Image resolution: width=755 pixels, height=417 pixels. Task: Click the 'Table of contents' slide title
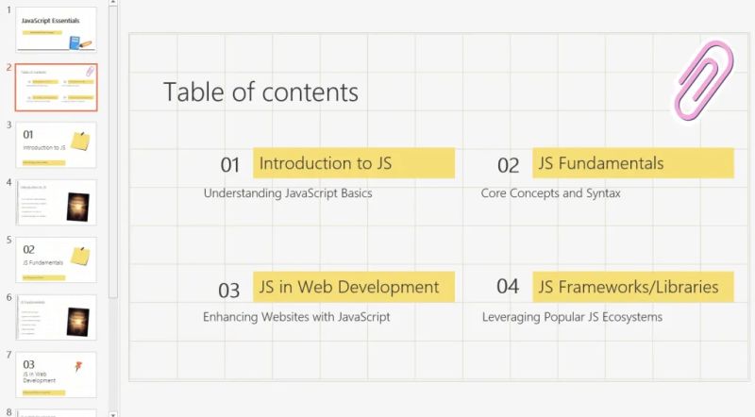[x=260, y=92]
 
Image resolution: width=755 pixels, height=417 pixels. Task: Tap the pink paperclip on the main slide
[x=703, y=80]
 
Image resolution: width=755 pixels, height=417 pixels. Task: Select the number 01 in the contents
[x=230, y=165]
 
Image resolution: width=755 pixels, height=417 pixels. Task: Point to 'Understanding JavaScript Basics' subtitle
[x=288, y=193]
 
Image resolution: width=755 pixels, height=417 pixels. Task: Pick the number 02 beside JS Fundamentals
[x=508, y=166]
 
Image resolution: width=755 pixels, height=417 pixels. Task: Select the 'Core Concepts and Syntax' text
[x=550, y=193]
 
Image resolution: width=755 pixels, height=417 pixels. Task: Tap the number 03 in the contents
[x=229, y=290]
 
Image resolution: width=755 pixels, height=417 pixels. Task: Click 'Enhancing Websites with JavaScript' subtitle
[x=296, y=317]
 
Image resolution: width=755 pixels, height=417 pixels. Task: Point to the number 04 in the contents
[x=508, y=287]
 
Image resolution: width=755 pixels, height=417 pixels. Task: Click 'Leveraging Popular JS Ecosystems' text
[x=572, y=317]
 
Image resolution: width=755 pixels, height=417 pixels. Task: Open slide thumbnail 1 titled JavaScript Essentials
[x=56, y=28]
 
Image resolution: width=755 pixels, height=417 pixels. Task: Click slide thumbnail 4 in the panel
[x=56, y=202]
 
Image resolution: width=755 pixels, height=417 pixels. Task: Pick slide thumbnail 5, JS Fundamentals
[x=56, y=259]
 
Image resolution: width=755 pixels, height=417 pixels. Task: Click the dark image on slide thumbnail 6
[x=77, y=322]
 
